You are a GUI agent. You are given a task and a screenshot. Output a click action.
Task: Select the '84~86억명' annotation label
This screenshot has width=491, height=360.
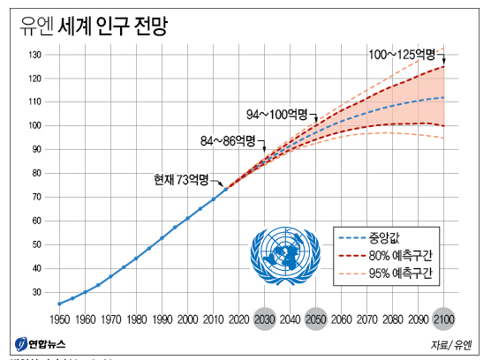(227, 140)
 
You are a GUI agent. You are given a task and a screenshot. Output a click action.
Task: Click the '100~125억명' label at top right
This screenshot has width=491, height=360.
(402, 56)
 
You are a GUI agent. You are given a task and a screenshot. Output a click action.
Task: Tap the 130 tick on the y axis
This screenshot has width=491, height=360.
(36, 55)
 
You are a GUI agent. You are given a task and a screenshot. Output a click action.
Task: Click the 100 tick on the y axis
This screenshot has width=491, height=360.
(36, 125)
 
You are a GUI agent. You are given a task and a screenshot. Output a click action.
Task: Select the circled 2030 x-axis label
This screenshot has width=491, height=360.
(264, 319)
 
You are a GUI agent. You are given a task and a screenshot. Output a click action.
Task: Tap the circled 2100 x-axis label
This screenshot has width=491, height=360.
(443, 319)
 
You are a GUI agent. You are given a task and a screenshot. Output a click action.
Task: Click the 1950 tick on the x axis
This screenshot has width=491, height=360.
(59, 319)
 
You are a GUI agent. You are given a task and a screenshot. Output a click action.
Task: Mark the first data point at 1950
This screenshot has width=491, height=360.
(59, 304)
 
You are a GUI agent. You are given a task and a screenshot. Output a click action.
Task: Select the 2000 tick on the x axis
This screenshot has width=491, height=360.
(187, 319)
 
